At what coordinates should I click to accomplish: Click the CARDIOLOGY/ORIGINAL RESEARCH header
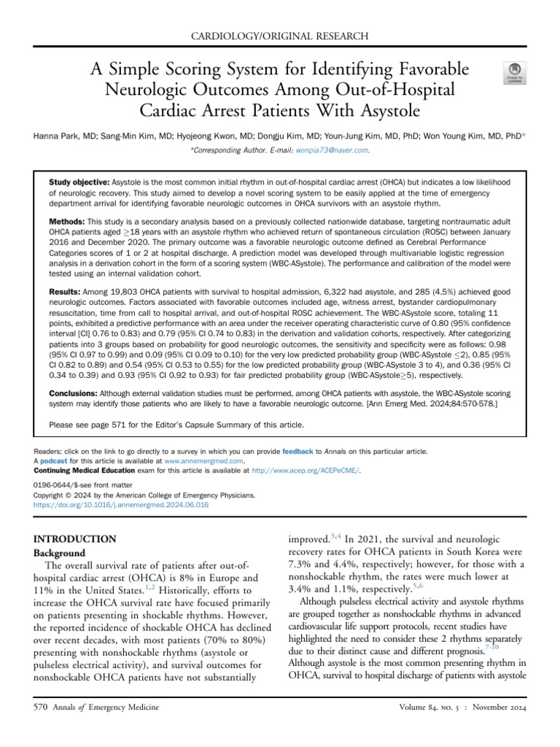click(x=280, y=35)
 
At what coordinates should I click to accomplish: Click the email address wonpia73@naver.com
click(x=332, y=150)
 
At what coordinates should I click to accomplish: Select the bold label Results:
click(x=65, y=292)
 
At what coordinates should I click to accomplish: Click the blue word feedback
click(x=297, y=452)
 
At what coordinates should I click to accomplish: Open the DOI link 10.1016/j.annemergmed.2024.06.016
click(x=121, y=504)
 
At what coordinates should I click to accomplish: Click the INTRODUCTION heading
click(x=75, y=539)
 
